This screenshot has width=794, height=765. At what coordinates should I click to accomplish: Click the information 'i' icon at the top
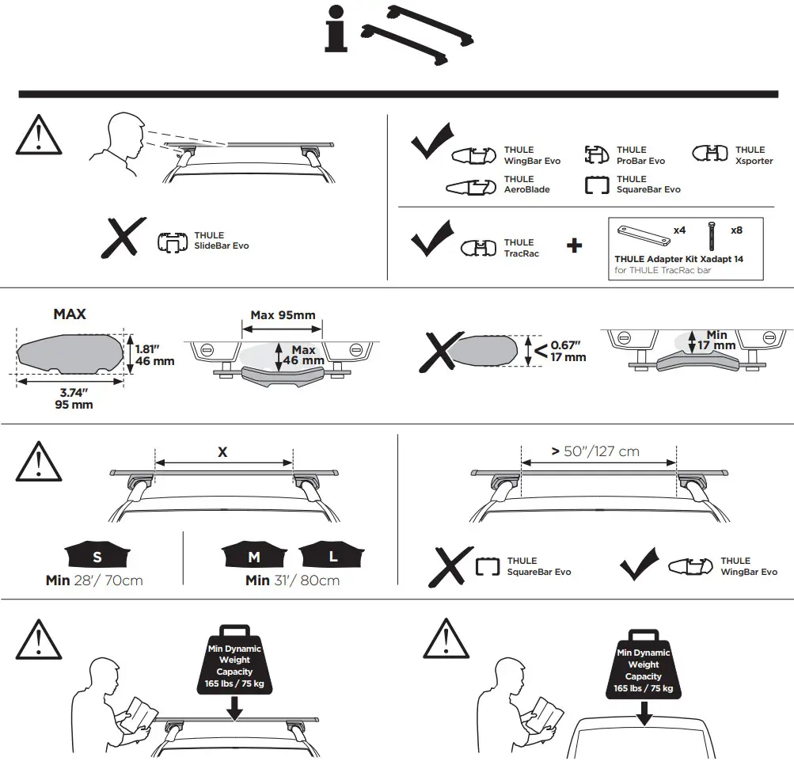click(336, 31)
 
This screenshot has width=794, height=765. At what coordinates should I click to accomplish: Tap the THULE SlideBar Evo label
click(221, 241)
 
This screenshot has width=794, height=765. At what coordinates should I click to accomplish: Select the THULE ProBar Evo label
click(640, 155)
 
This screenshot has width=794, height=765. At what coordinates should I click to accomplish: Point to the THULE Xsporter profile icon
click(709, 154)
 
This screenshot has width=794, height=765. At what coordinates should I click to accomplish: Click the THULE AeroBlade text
click(526, 185)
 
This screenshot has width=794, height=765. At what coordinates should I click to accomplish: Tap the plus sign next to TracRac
click(575, 246)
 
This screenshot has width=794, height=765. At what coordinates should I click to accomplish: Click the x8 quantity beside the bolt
click(736, 230)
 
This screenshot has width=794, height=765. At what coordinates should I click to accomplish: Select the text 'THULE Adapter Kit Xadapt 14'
click(678, 259)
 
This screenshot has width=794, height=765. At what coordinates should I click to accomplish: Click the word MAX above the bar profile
click(70, 314)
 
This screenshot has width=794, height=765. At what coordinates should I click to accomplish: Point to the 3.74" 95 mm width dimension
click(73, 398)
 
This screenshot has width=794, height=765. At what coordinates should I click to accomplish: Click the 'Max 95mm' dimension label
click(283, 315)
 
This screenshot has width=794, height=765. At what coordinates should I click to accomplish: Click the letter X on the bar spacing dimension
click(222, 452)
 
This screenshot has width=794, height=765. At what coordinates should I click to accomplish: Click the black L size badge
click(332, 556)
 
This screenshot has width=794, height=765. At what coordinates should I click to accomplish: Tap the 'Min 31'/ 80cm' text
click(292, 580)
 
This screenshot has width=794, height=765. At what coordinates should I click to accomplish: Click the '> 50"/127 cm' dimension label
click(595, 451)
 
